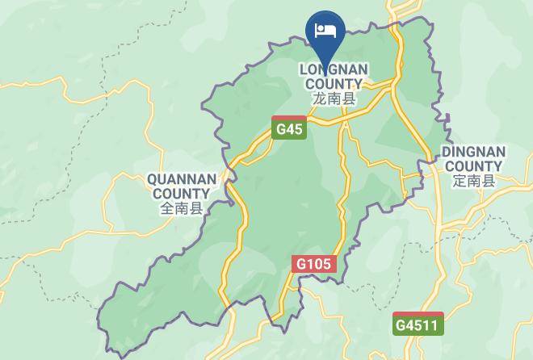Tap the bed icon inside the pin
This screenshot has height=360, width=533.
(x=325, y=31)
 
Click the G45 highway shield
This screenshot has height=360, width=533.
(x=289, y=128)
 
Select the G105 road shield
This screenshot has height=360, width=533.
(x=313, y=263)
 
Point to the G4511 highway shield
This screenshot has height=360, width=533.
(x=419, y=324)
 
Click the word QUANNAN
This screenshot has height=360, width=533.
(x=181, y=179)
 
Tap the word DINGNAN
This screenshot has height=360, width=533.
(x=473, y=152)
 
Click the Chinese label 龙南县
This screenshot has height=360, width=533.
(x=334, y=98)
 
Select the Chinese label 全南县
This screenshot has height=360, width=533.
(x=181, y=208)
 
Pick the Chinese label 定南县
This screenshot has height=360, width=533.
(x=473, y=181)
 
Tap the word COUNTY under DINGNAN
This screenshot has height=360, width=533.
(x=473, y=166)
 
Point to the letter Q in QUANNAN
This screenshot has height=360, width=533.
(x=152, y=179)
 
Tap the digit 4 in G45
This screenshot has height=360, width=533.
(x=289, y=129)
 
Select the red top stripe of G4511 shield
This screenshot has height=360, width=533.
(x=419, y=314)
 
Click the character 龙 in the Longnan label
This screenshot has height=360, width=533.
(x=319, y=98)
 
